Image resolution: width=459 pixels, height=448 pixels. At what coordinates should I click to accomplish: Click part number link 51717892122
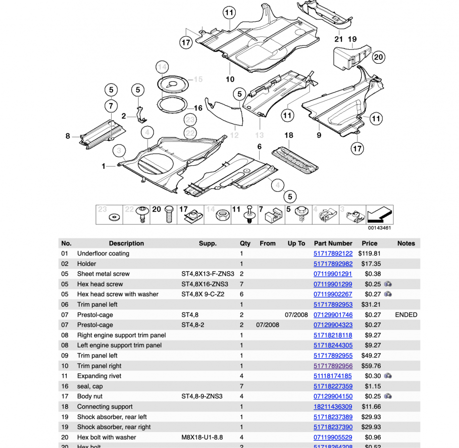click(x=332, y=254)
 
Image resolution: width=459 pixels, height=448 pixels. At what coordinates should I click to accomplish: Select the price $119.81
click(x=369, y=254)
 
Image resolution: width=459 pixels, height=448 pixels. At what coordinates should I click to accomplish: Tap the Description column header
click(x=126, y=243)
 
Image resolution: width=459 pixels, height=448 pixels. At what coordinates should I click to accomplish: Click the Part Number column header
click(x=333, y=243)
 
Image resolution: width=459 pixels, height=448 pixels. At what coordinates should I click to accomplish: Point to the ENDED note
click(x=406, y=315)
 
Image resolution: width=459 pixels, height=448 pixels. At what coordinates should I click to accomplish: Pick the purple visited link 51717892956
click(x=332, y=366)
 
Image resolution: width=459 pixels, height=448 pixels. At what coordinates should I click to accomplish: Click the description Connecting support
click(x=105, y=407)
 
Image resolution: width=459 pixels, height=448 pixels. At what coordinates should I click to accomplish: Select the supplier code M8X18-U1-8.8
click(x=201, y=438)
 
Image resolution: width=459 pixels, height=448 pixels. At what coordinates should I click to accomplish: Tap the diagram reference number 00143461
click(x=380, y=228)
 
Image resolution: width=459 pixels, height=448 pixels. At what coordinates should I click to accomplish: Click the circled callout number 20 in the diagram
click(x=378, y=57)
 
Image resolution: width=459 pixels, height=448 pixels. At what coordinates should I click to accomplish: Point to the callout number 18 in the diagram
click(x=289, y=135)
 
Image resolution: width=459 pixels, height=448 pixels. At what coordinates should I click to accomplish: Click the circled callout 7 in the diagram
click(x=111, y=106)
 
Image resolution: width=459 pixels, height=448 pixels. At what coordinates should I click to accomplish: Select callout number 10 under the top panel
click(x=230, y=79)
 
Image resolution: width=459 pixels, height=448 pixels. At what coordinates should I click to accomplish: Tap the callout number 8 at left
click(x=68, y=136)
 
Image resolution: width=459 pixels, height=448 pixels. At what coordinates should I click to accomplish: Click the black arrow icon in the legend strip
click(x=380, y=215)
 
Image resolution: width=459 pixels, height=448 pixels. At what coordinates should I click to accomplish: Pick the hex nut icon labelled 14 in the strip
click(x=222, y=215)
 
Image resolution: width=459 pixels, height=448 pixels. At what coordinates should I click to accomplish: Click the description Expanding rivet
click(x=99, y=376)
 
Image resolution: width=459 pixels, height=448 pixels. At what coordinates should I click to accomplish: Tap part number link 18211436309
click(x=332, y=407)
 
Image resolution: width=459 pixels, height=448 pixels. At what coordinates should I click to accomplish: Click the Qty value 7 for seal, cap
click(x=242, y=386)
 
